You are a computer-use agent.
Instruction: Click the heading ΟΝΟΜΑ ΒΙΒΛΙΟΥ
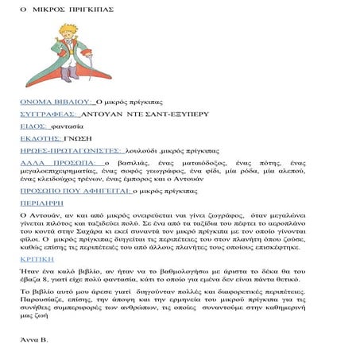tap(56, 103)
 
